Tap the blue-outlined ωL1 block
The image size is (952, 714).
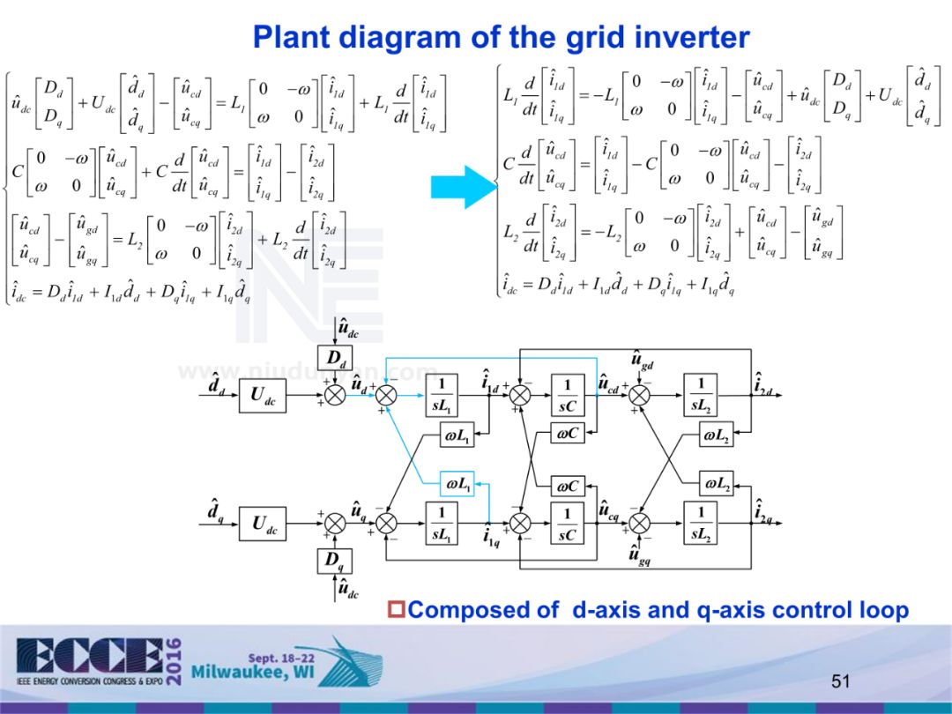click(x=458, y=483)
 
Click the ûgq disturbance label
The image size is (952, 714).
click(x=640, y=556)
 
